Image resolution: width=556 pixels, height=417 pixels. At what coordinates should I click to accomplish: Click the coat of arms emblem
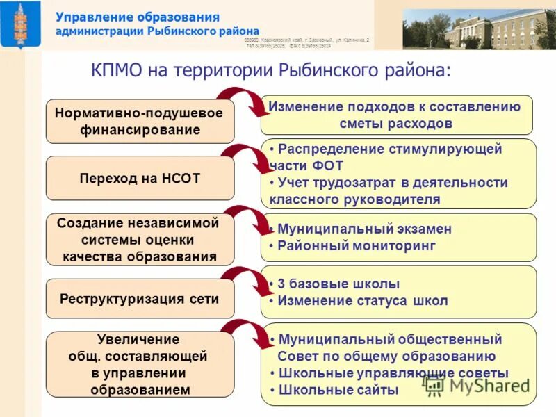click(x=22, y=25)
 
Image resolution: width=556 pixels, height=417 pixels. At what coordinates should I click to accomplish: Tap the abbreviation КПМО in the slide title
click(x=117, y=71)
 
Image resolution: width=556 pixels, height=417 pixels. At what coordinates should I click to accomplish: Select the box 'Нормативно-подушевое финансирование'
click(x=140, y=121)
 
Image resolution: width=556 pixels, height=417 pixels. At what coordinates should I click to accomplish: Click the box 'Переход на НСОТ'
click(x=140, y=178)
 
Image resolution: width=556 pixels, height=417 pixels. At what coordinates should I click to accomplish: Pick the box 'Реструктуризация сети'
click(x=140, y=299)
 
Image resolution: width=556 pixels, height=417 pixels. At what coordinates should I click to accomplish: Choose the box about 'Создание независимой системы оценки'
click(x=140, y=240)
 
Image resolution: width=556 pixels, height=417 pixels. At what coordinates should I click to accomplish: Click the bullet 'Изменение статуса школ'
click(x=362, y=301)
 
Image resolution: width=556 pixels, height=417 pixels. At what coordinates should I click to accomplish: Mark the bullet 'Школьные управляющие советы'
click(x=393, y=373)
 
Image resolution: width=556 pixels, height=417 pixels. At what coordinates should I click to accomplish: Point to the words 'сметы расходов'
click(x=396, y=124)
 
